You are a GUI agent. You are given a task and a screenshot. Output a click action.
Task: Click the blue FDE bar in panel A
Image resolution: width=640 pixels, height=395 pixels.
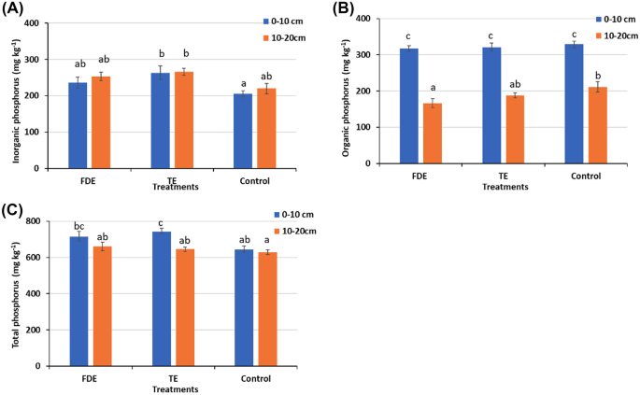78,126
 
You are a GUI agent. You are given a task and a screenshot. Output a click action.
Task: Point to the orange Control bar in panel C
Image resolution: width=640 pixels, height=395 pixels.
268,309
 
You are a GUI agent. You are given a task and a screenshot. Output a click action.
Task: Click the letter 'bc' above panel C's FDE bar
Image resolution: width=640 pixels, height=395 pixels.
78,226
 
